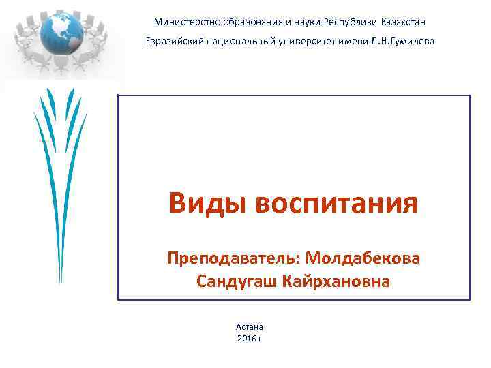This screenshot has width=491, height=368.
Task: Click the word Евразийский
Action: (x=170, y=42)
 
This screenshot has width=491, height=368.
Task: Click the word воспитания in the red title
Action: (x=337, y=202)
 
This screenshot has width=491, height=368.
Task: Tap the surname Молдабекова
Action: (x=363, y=258)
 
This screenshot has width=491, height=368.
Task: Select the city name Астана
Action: (x=250, y=327)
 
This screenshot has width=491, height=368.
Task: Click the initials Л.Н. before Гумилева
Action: (x=378, y=42)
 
